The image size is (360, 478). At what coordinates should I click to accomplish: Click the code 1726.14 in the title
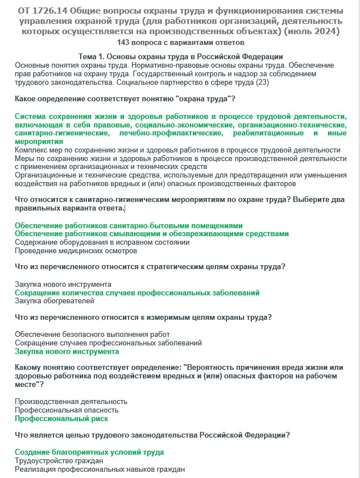click(55, 11)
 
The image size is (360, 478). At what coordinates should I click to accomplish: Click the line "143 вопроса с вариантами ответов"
click(180, 43)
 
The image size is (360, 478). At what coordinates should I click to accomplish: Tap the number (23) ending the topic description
click(262, 82)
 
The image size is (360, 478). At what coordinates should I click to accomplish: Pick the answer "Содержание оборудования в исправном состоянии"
click(102, 242)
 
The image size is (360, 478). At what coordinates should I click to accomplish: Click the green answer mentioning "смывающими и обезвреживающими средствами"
click(151, 234)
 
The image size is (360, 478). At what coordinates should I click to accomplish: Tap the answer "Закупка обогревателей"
click(55, 301)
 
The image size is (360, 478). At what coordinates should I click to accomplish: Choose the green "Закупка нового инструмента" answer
click(67, 352)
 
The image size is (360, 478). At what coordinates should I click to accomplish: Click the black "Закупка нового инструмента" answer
click(63, 284)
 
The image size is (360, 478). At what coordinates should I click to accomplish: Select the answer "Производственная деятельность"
click(71, 402)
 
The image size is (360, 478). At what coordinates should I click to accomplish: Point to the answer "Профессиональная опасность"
click(67, 410)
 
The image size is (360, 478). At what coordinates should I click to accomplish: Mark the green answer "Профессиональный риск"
click(61, 419)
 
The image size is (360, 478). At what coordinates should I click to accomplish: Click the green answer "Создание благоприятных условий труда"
click(89, 452)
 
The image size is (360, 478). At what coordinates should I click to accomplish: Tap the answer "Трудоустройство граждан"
click(59, 461)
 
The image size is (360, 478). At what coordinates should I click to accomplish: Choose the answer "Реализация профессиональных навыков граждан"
click(100, 469)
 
